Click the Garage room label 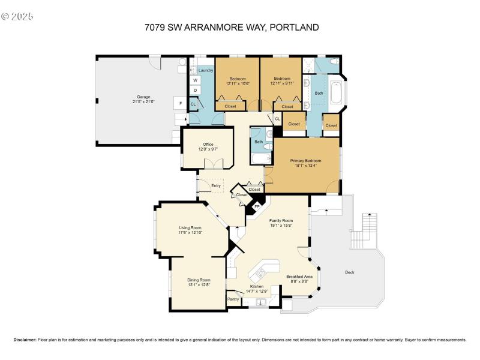point(143,97)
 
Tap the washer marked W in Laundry point(195,80)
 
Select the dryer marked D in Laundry point(195,90)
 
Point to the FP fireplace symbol point(257,207)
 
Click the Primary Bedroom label point(305,160)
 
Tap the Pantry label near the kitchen point(233,299)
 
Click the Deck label point(349,272)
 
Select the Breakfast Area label point(299,277)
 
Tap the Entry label point(216,185)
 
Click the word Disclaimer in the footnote point(25,340)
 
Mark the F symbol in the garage point(180,104)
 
